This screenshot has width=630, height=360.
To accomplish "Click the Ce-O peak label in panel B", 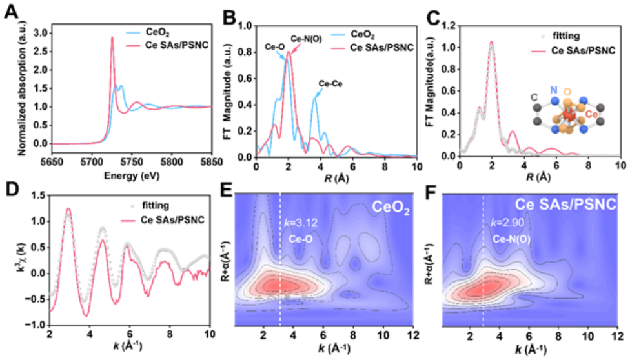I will point(274,46).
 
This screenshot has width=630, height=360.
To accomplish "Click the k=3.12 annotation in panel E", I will point(302,225).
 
